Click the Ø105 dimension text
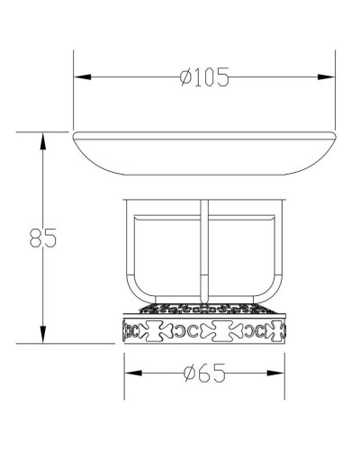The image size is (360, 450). pos(204,77)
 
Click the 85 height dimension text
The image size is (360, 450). pos(43,238)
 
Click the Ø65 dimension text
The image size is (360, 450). pos(205,373)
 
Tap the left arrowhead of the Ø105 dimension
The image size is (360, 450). pos(83,77)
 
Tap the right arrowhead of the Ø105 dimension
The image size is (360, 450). pos(326,77)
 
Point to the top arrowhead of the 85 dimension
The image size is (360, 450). pos(43,141)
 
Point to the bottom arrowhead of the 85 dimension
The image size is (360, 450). pos(43,335)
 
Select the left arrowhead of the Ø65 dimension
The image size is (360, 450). pos(133,373)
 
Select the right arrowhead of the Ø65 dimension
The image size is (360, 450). pos(275,373)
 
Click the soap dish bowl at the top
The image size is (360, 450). pos(204,153)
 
